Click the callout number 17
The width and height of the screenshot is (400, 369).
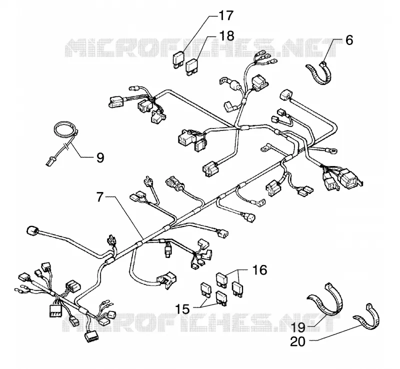(x=225, y=15)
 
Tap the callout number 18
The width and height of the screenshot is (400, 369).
(x=226, y=35)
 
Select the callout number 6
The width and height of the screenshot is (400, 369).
(x=349, y=40)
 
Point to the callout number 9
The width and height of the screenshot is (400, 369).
(x=100, y=157)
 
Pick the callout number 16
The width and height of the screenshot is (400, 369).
(x=259, y=269)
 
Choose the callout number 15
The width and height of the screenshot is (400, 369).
(x=182, y=309)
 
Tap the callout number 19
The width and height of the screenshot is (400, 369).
(x=297, y=327)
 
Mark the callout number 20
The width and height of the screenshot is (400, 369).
(x=297, y=341)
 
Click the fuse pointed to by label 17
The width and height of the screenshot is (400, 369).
(x=178, y=60)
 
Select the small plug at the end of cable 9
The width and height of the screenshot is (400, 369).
(x=49, y=162)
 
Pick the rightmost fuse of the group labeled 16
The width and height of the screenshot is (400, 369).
(x=237, y=289)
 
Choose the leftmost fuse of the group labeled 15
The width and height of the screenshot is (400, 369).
(x=206, y=290)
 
